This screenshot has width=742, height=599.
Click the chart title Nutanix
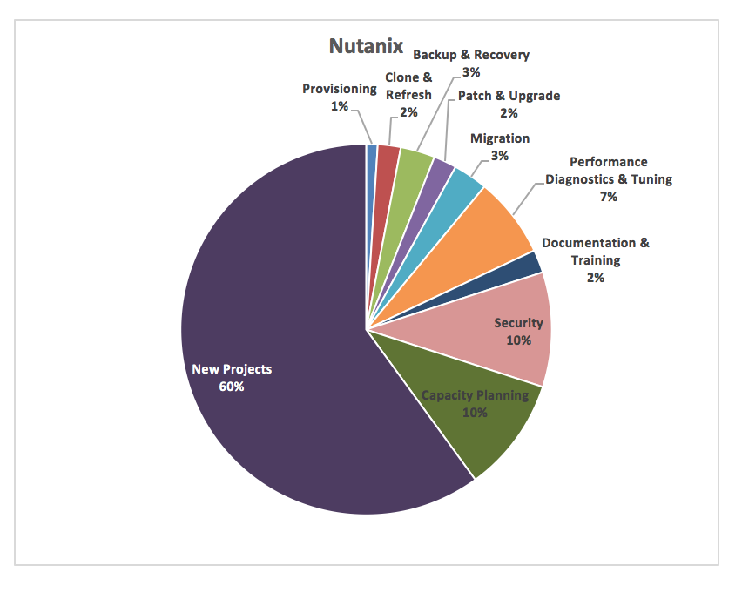tap(365, 45)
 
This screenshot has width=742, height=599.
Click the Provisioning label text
tap(340, 89)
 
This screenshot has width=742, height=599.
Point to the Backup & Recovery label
tap(470, 55)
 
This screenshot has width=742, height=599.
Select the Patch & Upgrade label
tap(509, 96)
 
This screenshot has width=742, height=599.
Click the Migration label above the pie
tap(499, 138)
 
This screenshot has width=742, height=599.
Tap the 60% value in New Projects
tap(232, 386)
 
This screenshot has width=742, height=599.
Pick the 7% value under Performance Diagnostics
tap(608, 197)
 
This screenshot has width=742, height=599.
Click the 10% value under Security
tap(518, 340)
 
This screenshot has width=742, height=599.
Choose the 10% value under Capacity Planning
tap(475, 412)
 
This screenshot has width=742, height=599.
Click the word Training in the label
tap(596, 260)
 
